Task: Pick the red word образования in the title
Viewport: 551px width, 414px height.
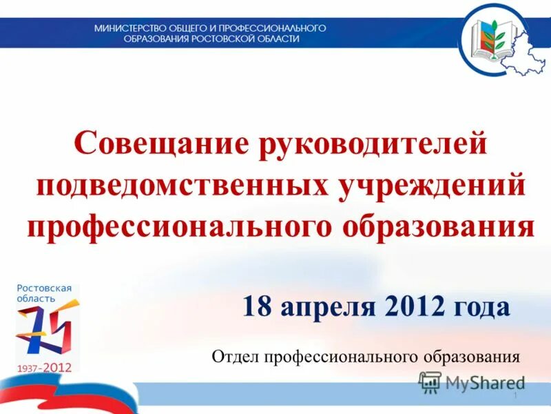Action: (437, 226)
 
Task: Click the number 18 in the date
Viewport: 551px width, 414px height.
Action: (258, 306)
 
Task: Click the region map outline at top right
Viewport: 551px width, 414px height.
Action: (528, 52)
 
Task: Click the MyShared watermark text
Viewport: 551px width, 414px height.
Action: (485, 382)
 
